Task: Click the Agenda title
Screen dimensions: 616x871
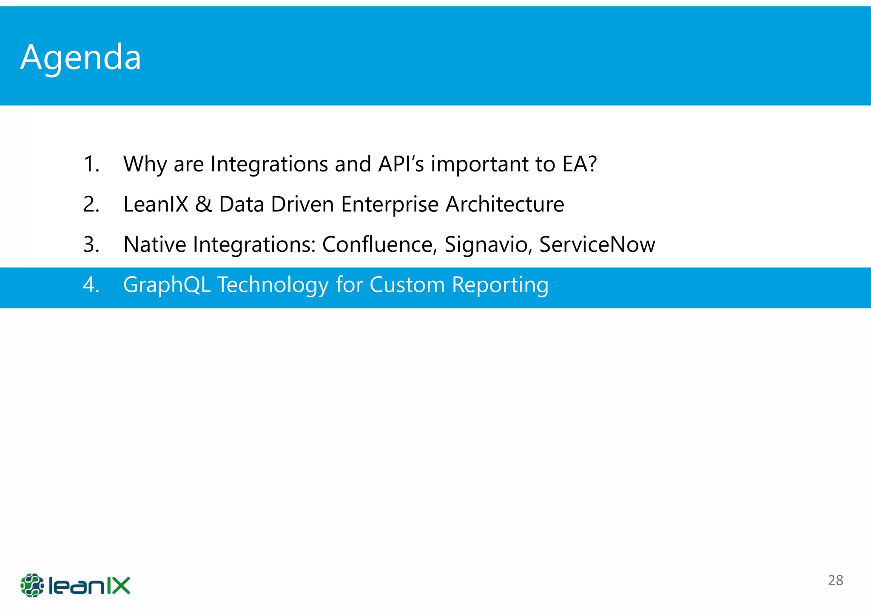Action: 81,57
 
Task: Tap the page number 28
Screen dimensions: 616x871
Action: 835,580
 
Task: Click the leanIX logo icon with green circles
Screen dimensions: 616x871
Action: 32,585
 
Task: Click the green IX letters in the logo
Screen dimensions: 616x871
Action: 117,585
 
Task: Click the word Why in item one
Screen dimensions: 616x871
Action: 145,164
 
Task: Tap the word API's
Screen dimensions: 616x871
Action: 401,164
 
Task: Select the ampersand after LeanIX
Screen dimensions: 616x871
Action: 203,205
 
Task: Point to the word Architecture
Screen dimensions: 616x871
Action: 505,205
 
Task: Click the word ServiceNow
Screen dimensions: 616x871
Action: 597,245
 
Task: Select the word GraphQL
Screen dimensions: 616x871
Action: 167,285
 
